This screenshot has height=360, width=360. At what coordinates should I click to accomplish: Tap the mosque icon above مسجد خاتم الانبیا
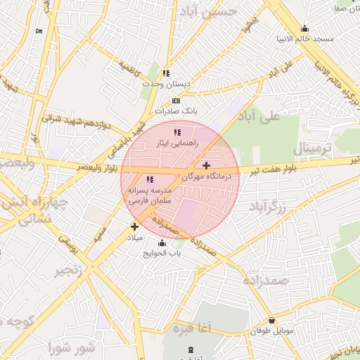click(x=304, y=29)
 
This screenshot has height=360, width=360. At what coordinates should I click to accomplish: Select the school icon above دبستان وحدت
click(x=166, y=73)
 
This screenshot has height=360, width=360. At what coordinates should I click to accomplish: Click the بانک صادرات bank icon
click(x=176, y=101)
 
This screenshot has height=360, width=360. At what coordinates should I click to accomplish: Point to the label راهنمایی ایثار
click(x=177, y=143)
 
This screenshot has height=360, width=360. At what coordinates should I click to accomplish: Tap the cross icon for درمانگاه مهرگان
click(x=205, y=166)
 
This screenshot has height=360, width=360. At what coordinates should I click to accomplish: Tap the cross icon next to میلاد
click(x=134, y=226)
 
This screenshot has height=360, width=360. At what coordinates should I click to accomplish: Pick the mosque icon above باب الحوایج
click(x=163, y=243)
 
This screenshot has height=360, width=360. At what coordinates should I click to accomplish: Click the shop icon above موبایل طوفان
click(x=272, y=321)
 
